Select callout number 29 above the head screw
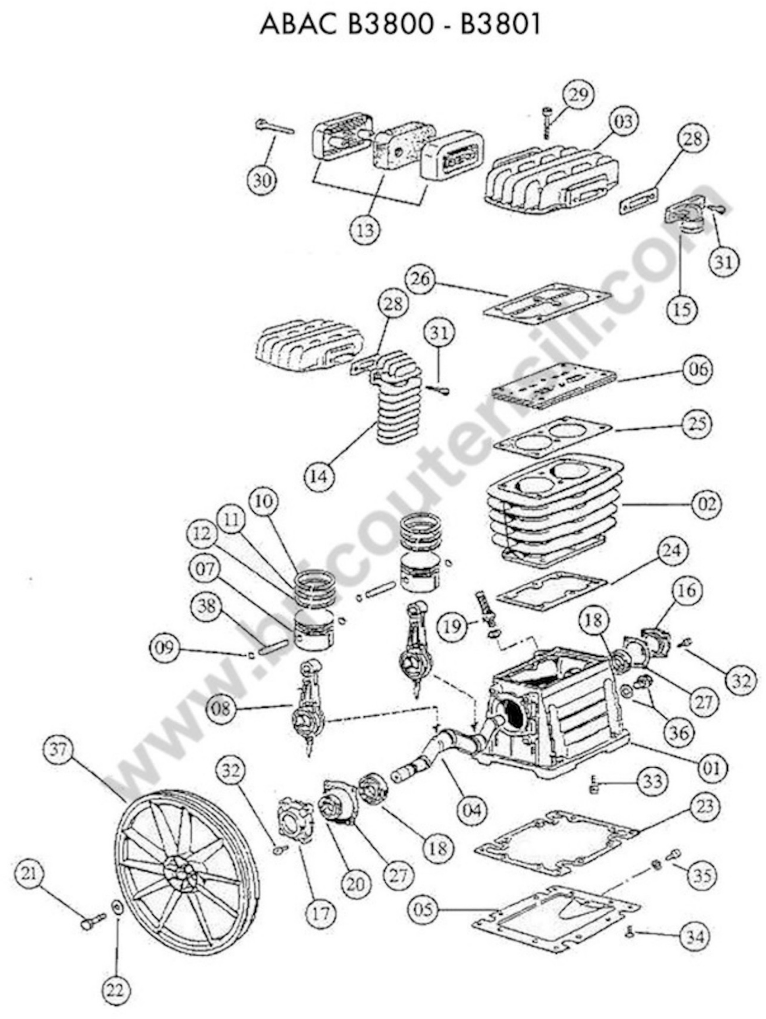[x=578, y=94]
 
